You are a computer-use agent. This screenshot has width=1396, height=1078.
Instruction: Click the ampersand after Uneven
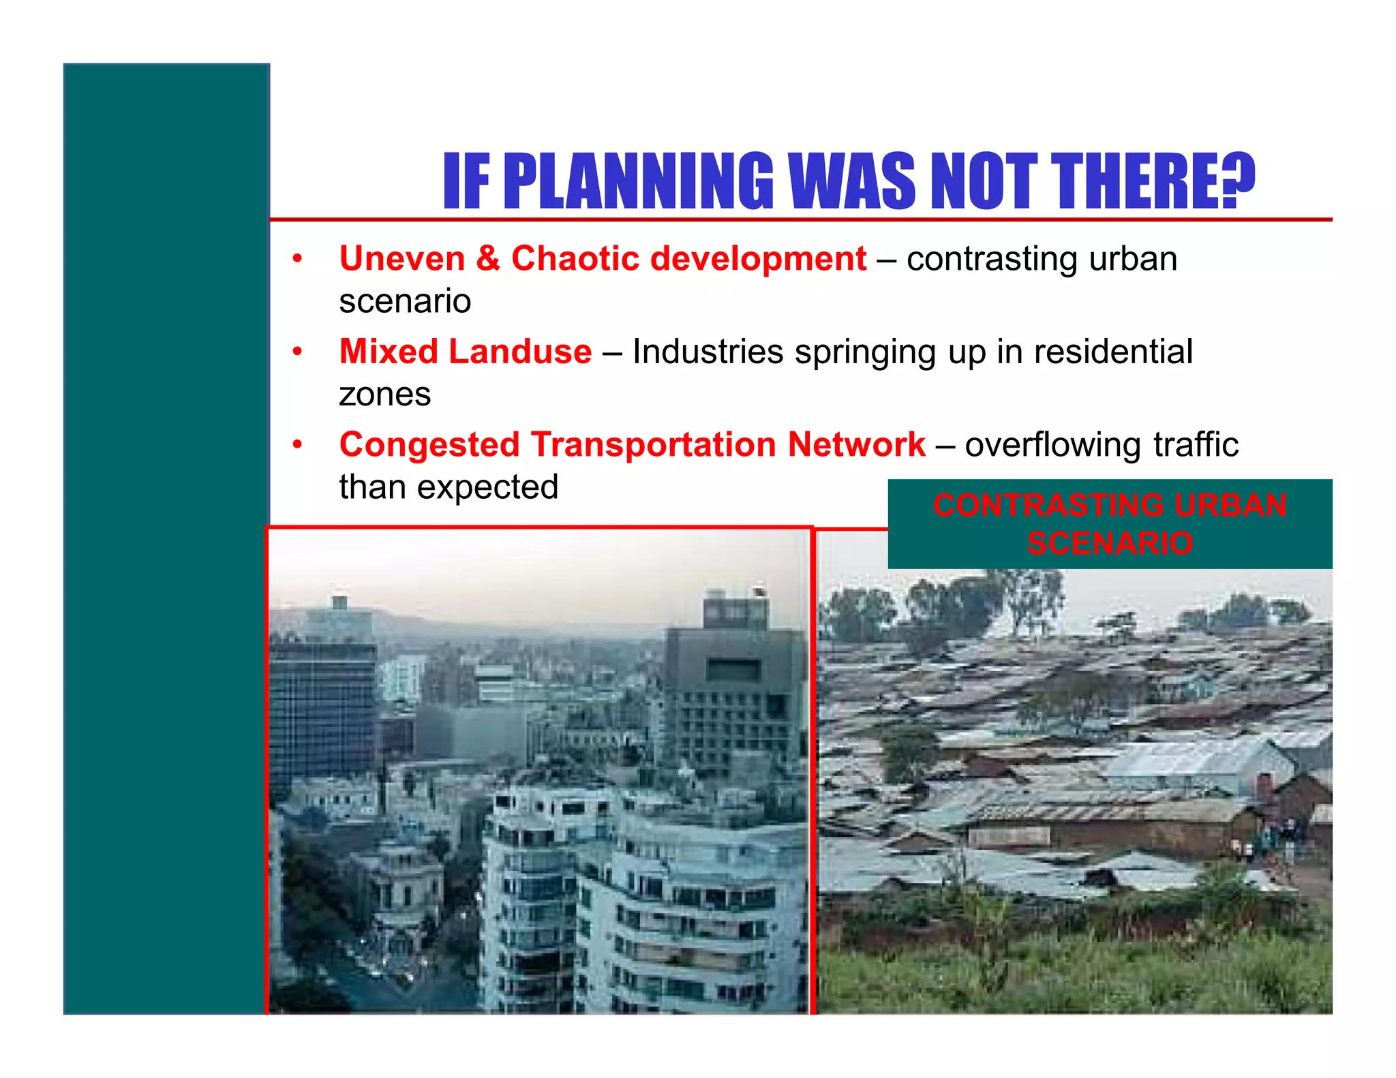click(488, 259)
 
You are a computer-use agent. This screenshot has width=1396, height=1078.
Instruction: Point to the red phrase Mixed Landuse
click(466, 352)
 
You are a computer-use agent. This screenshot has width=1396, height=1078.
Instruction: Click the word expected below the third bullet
click(487, 487)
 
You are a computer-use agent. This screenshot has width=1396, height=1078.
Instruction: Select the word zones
click(385, 395)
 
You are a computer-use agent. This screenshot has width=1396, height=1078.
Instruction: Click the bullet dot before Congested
click(297, 445)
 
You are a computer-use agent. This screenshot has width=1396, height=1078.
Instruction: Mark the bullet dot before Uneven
click(297, 259)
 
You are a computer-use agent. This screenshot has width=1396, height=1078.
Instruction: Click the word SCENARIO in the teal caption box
click(1110, 543)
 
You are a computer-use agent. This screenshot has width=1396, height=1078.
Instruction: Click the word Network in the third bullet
click(856, 445)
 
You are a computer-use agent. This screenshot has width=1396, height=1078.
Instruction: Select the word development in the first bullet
click(758, 259)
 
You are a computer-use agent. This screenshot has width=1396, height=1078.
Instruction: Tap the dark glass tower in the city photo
click(322, 709)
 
